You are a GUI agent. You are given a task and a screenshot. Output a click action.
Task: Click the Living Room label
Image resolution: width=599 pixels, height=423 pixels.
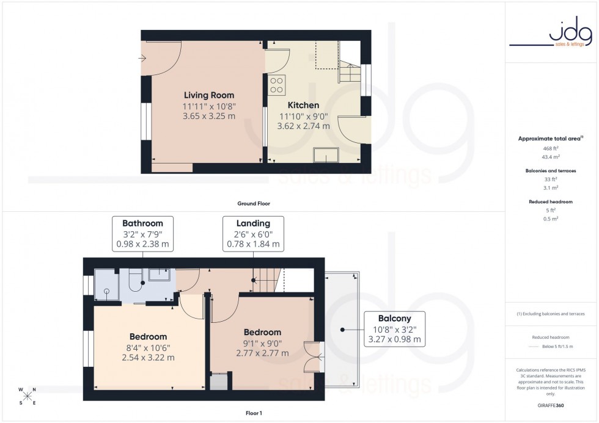tap(209, 95)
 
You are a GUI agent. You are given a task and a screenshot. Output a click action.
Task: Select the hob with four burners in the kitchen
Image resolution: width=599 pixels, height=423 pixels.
tap(276, 85)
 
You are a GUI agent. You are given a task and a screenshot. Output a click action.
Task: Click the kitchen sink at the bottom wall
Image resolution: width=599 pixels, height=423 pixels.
tap(325, 156)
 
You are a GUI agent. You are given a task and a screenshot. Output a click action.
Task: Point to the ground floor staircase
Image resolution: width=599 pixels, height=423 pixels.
tap(350, 73)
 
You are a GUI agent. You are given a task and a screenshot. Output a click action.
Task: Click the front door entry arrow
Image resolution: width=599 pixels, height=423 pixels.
tap(142, 59)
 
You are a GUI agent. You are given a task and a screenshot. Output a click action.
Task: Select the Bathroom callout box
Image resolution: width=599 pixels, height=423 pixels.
tap(142, 234)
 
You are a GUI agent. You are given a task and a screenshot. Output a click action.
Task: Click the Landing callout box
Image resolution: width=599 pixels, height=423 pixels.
tap(253, 234)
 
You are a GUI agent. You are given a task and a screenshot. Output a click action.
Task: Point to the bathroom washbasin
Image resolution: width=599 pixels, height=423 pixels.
tap(161, 275)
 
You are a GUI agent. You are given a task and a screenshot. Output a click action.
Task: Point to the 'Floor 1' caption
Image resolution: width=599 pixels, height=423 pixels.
tap(253, 413)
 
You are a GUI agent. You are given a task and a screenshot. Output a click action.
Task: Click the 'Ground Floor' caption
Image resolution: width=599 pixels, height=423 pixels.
tap(253, 203)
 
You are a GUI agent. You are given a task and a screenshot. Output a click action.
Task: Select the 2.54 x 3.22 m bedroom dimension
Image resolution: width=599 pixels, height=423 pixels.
tap(148, 358)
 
